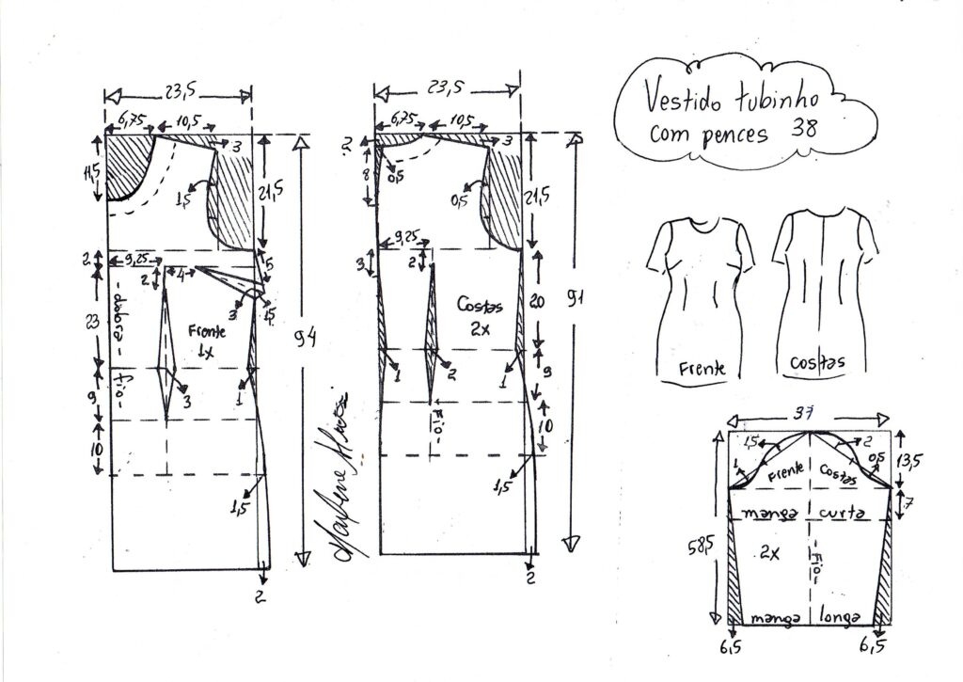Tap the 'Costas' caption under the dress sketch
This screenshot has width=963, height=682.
(x=816, y=362)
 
